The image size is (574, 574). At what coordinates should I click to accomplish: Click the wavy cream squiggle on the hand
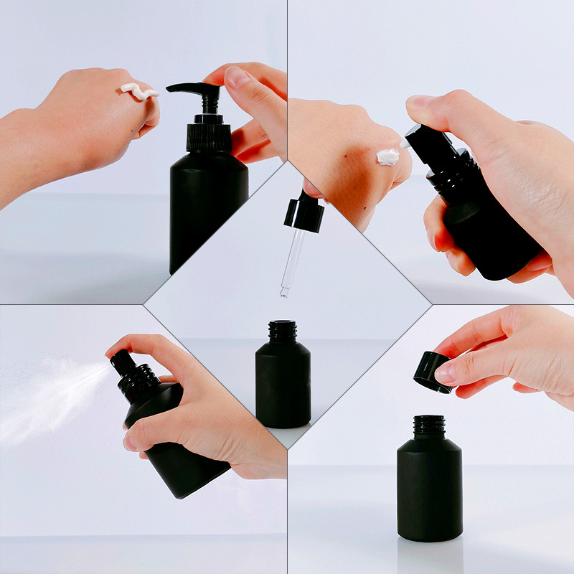[139, 91]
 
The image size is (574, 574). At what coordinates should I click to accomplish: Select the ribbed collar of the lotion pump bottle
[209, 136]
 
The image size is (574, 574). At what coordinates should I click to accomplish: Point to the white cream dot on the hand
[387, 157]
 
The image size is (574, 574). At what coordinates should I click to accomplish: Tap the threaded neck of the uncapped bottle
[430, 425]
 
